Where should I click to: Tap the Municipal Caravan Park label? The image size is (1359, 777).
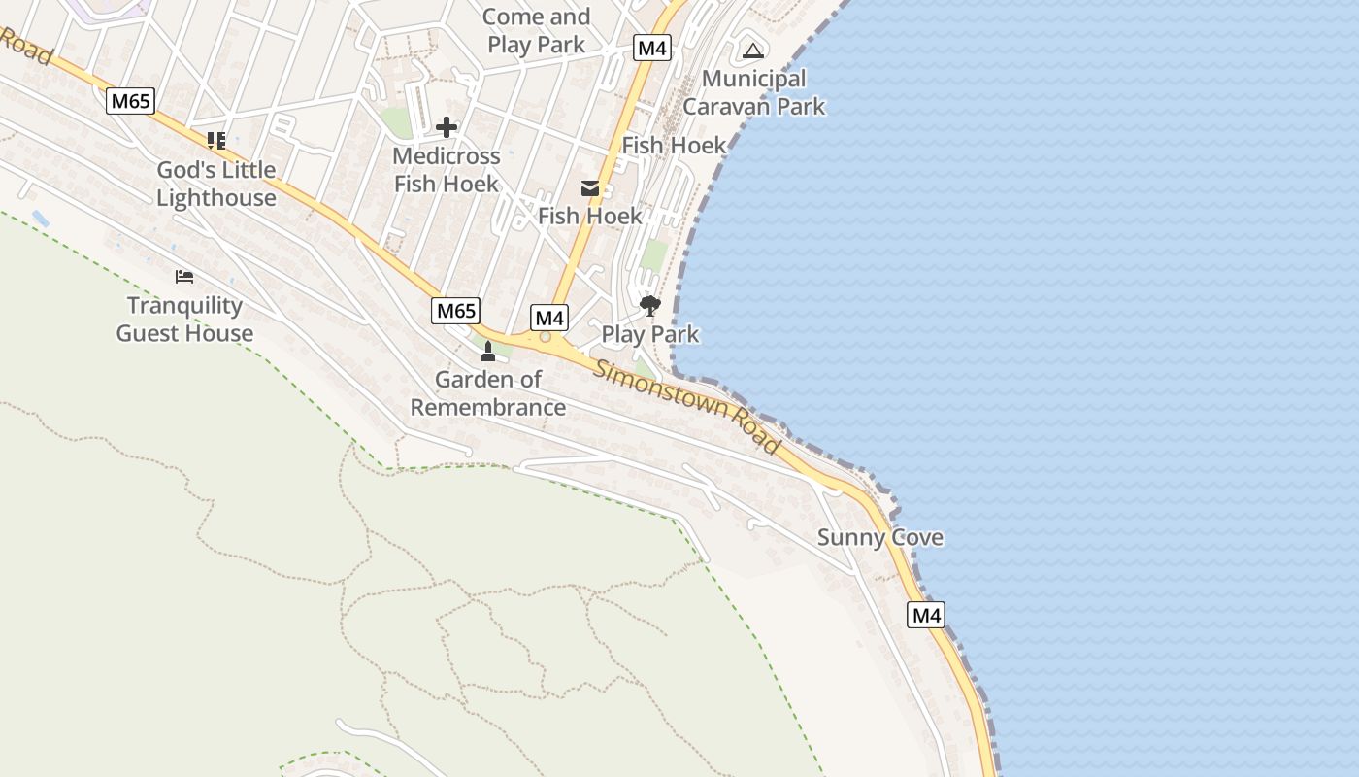click(754, 92)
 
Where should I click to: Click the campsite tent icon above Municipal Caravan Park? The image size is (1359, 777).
click(752, 51)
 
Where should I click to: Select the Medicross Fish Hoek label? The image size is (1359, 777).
click(447, 170)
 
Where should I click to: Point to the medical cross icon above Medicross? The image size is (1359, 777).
click(447, 127)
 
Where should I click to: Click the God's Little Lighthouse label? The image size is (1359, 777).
click(216, 184)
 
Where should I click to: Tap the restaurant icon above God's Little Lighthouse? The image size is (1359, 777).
click(215, 141)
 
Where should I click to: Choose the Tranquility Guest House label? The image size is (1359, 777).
click(184, 320)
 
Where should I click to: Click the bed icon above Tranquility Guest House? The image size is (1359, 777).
click(184, 277)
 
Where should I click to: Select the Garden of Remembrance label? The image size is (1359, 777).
click(488, 392)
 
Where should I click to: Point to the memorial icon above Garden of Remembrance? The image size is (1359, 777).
click(488, 351)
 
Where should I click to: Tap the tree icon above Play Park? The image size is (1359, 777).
click(649, 307)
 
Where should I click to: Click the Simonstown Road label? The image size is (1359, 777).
click(687, 406)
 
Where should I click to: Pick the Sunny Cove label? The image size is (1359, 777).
click(879, 537)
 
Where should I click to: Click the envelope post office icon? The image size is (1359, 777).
click(590, 188)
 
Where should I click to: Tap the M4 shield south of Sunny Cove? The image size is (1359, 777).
click(926, 615)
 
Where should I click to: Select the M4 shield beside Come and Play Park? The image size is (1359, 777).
click(652, 48)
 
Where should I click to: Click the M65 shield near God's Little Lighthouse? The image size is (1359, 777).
click(131, 101)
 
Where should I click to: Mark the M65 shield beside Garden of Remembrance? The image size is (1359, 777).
click(455, 311)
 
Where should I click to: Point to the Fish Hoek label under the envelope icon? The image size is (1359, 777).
click(590, 216)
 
